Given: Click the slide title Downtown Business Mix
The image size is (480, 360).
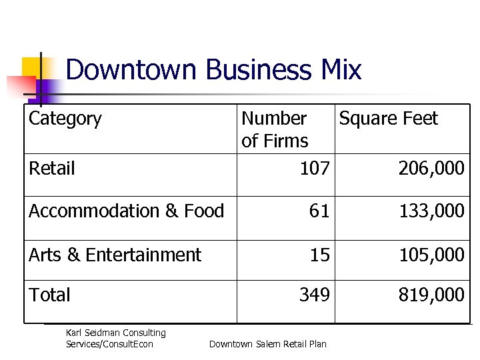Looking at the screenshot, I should (x=213, y=70).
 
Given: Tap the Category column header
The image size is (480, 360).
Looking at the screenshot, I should (x=65, y=119).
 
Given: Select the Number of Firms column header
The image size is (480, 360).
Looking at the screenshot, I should (x=275, y=129).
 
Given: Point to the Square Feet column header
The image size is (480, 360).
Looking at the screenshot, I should (x=388, y=119).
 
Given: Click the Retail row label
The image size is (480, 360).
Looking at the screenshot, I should (x=52, y=168).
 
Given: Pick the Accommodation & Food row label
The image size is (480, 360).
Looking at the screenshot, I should (x=126, y=211).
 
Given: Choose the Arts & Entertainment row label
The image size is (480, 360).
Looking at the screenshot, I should (x=115, y=255).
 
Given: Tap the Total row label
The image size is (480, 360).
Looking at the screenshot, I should (x=49, y=295).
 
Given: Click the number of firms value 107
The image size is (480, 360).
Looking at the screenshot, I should (x=315, y=169).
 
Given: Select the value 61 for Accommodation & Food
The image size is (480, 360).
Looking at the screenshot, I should (x=319, y=211).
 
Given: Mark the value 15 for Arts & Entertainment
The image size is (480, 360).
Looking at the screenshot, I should (x=319, y=255).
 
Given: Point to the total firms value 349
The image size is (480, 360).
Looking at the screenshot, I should (x=315, y=295).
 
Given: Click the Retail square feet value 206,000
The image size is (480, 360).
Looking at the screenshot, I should (x=431, y=169).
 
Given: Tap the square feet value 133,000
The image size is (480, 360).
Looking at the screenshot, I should (x=431, y=211).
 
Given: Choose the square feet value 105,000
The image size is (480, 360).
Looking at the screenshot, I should (x=431, y=255).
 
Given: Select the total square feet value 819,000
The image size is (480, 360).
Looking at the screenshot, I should (x=431, y=295).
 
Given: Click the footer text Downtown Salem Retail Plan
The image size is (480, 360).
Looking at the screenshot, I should (x=268, y=344).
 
